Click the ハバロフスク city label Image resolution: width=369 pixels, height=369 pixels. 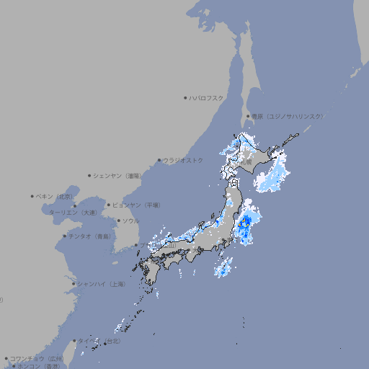(207, 98)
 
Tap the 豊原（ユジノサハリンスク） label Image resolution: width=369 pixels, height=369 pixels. (287, 116)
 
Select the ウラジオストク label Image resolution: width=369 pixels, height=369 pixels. (182, 160)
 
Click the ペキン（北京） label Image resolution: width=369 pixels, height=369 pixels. (55, 196)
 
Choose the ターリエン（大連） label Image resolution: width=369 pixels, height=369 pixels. (73, 213)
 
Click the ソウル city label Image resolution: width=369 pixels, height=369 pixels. (130, 221)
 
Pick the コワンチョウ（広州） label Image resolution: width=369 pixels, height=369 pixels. (36, 358)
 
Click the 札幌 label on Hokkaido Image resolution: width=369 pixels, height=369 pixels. (246, 163)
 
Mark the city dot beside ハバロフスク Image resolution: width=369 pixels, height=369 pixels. (185, 98)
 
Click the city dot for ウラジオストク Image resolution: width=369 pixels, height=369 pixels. (159, 160)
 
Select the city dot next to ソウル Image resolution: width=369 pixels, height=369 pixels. (118, 221)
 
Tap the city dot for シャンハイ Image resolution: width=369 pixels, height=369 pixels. (74, 284)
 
